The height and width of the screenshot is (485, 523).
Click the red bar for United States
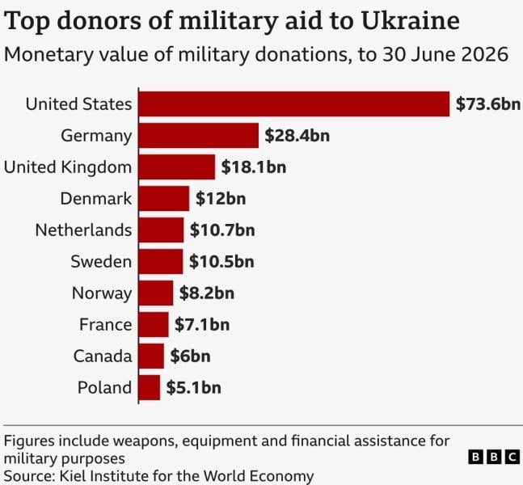pyautogui.click(x=294, y=103)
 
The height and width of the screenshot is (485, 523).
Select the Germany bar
pyautogui.click(x=199, y=136)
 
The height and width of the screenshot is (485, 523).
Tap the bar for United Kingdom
pyautogui.click(x=177, y=167)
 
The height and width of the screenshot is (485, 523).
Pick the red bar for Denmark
pyautogui.click(x=164, y=199)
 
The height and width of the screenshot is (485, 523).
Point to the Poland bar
pyautogui.click(x=149, y=387)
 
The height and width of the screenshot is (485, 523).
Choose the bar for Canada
pyautogui.click(x=151, y=356)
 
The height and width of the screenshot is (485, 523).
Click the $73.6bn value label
pyautogui.click(x=488, y=103)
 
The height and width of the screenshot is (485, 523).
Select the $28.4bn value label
pyautogui.click(x=297, y=136)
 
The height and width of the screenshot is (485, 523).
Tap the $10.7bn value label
pyautogui.click(x=222, y=230)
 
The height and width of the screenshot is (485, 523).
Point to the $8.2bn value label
pyautogui.click(x=207, y=293)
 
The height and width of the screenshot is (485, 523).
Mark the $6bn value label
pyautogui.click(x=190, y=356)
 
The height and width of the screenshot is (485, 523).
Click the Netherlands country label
pyautogui.click(x=83, y=230)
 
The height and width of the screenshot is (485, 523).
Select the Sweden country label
pyautogui.click(x=101, y=262)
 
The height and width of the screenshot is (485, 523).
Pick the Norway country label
pyautogui.click(x=102, y=293)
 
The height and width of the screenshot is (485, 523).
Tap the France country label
pyautogui.click(x=105, y=325)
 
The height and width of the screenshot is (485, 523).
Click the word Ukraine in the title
pyautogui.click(x=411, y=21)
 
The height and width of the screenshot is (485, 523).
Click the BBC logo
pyautogui.click(x=494, y=457)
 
